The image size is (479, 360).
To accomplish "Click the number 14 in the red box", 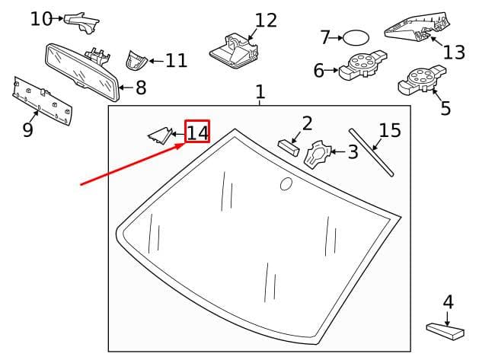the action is (197, 132).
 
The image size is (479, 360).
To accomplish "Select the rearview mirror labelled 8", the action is (81, 72).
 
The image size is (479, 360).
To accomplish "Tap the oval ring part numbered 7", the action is (356, 38).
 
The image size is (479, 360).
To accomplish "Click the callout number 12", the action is (266, 21).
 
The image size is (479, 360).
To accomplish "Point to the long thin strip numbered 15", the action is (371, 152).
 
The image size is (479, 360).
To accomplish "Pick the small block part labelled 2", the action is (289, 148).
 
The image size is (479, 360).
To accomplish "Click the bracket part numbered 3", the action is (318, 154).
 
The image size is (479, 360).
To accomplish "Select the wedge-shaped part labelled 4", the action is (445, 331).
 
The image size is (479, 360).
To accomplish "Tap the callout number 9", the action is (27, 130).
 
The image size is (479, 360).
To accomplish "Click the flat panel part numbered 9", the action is (42, 100).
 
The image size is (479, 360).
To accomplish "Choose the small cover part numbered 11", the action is (136, 60).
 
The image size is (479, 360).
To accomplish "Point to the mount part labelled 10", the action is (81, 23).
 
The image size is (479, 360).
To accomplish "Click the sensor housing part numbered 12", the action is (234, 51).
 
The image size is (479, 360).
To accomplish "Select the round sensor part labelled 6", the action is (363, 65).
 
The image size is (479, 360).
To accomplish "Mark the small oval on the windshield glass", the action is (286, 183).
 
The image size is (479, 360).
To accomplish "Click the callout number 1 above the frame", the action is (260, 91).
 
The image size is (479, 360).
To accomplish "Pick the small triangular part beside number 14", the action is (160, 135).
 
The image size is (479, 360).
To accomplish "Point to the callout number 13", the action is (454, 53).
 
